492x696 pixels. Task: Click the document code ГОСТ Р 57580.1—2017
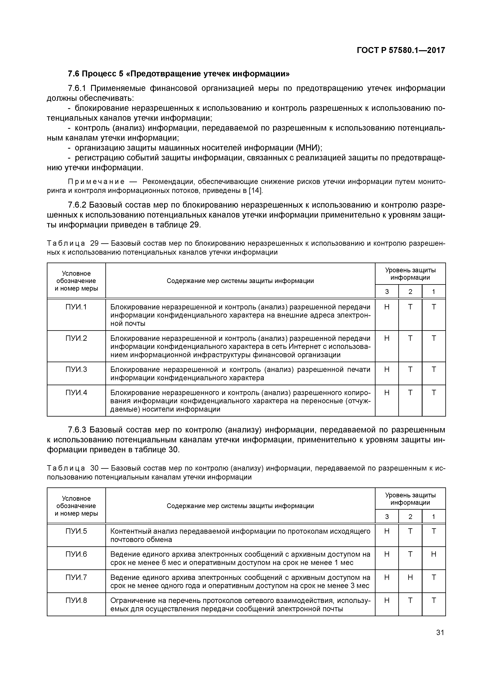pyautogui.click(x=401, y=50)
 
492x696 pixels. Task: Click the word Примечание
pyautogui.click(x=96, y=182)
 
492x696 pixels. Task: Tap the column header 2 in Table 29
pyautogui.click(x=410, y=292)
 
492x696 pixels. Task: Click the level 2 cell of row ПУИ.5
pyautogui.click(x=410, y=531)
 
